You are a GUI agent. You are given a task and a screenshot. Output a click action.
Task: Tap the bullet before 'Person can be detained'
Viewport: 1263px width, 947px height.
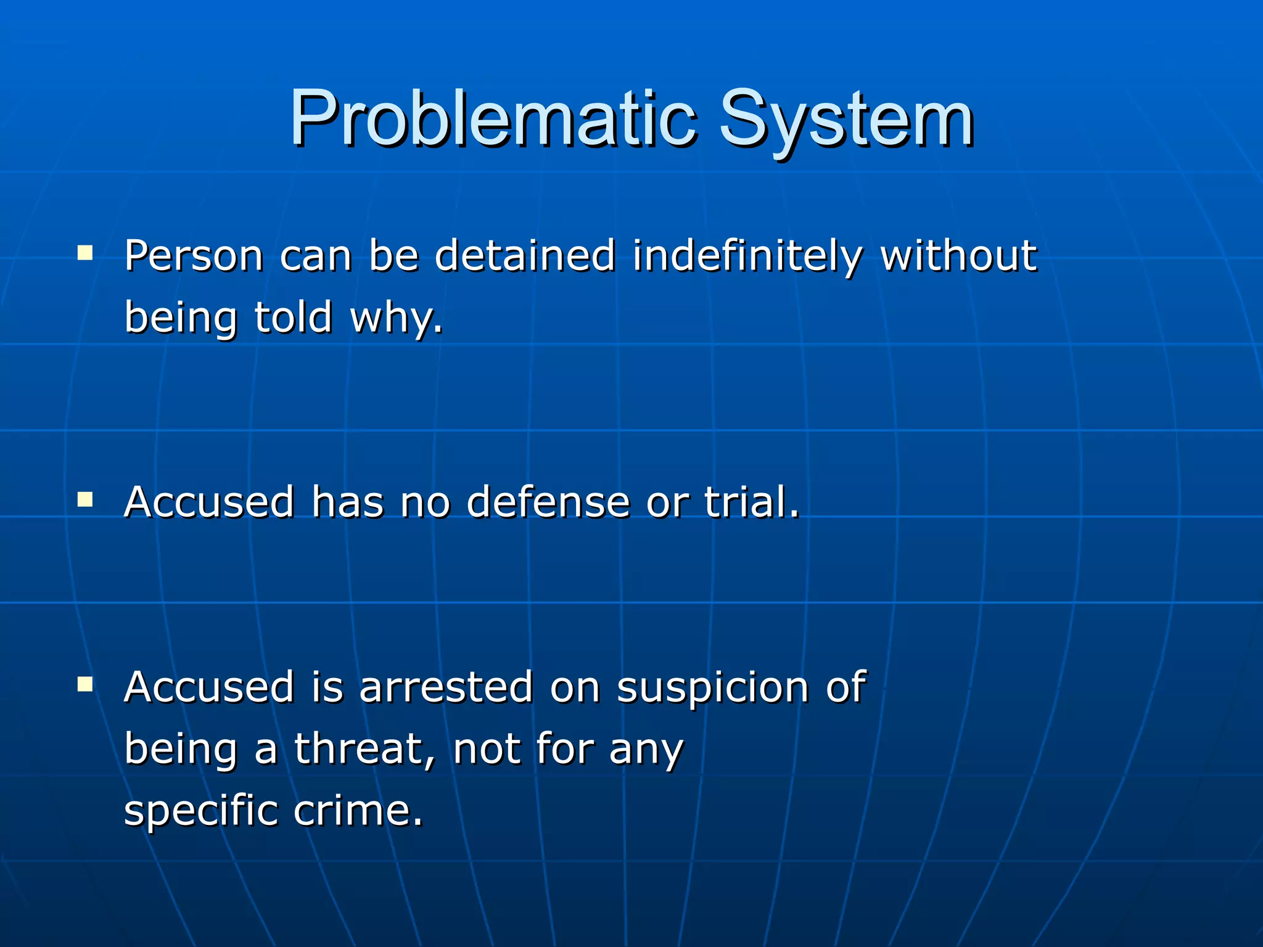click(85, 253)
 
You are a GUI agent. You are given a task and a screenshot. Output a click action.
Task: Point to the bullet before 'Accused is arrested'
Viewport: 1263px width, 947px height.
click(85, 684)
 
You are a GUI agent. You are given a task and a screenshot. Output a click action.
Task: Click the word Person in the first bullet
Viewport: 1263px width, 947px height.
click(194, 256)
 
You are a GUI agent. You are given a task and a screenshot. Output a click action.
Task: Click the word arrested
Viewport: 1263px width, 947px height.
click(446, 687)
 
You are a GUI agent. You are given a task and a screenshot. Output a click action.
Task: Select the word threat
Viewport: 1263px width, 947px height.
click(364, 748)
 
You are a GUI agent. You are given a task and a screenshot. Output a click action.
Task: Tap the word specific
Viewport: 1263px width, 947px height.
click(200, 811)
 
